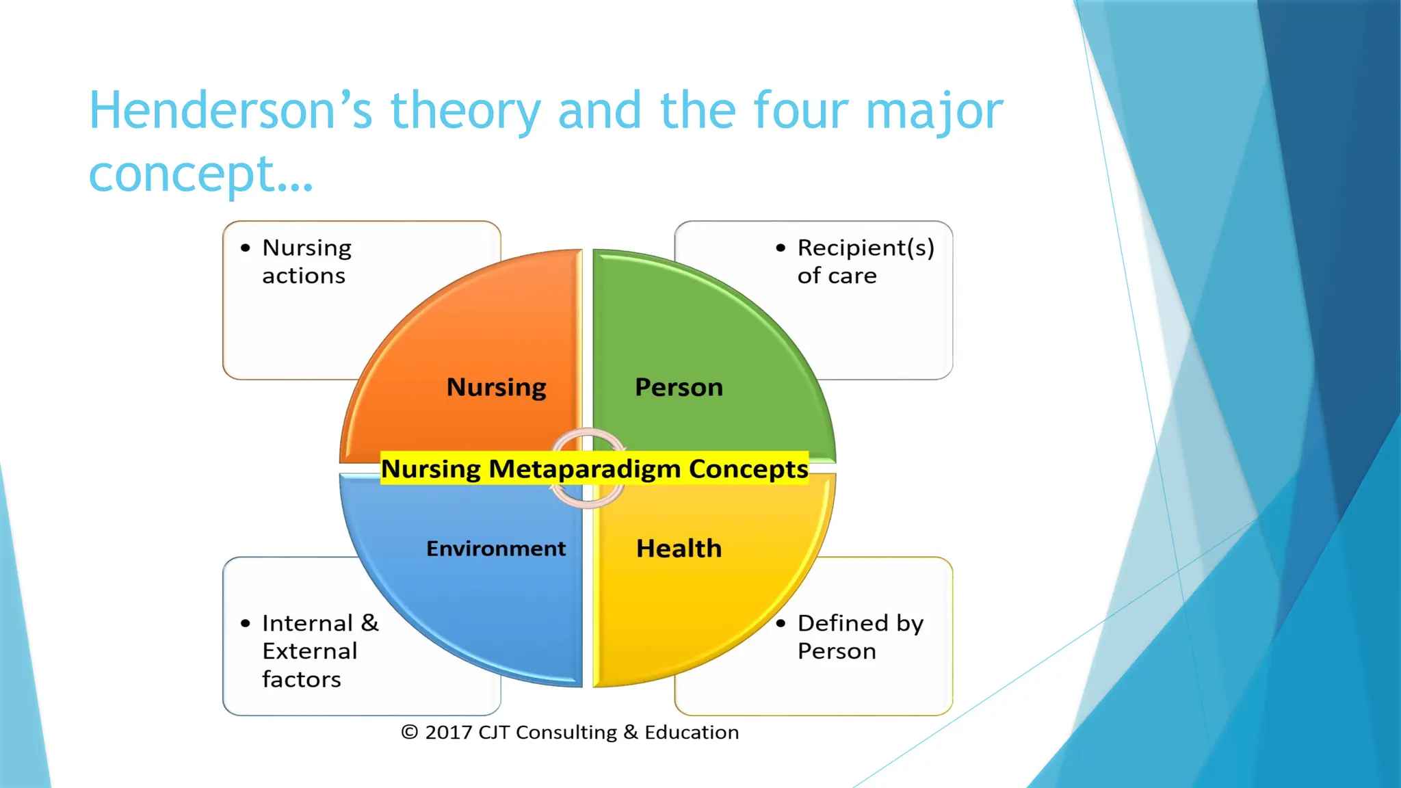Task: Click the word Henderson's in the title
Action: click(231, 111)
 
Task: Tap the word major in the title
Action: click(934, 111)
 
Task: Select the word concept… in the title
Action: click(200, 174)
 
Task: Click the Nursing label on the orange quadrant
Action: click(496, 387)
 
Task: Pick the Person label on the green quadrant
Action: click(679, 387)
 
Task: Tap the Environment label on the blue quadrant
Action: click(496, 549)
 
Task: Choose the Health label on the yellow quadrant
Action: click(679, 549)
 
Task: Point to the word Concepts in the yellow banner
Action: click(748, 469)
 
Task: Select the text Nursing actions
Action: click(306, 261)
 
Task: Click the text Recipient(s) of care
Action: click(865, 261)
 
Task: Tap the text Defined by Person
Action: click(859, 637)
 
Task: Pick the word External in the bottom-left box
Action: click(310, 651)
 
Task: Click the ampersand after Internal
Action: click(369, 623)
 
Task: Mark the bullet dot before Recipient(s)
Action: click(781, 248)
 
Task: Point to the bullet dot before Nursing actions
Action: click(246, 248)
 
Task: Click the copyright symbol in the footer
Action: click(409, 733)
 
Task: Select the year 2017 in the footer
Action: click(449, 733)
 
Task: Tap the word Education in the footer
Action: click(691, 733)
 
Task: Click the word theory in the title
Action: click(465, 111)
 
